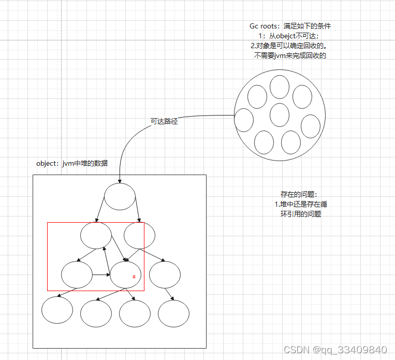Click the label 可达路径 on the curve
click(x=164, y=122)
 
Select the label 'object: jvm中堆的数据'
click(x=72, y=163)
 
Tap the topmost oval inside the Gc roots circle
click(x=280, y=87)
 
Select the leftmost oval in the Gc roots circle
click(x=244, y=120)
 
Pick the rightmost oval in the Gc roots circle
click(x=311, y=127)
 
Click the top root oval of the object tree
click(x=120, y=197)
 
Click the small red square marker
click(x=134, y=277)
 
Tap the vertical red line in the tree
click(x=143, y=256)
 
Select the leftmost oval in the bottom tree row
click(x=57, y=310)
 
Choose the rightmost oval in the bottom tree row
click(x=174, y=313)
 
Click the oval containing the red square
click(x=126, y=275)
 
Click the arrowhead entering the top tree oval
click(x=120, y=181)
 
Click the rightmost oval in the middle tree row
click(x=165, y=275)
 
